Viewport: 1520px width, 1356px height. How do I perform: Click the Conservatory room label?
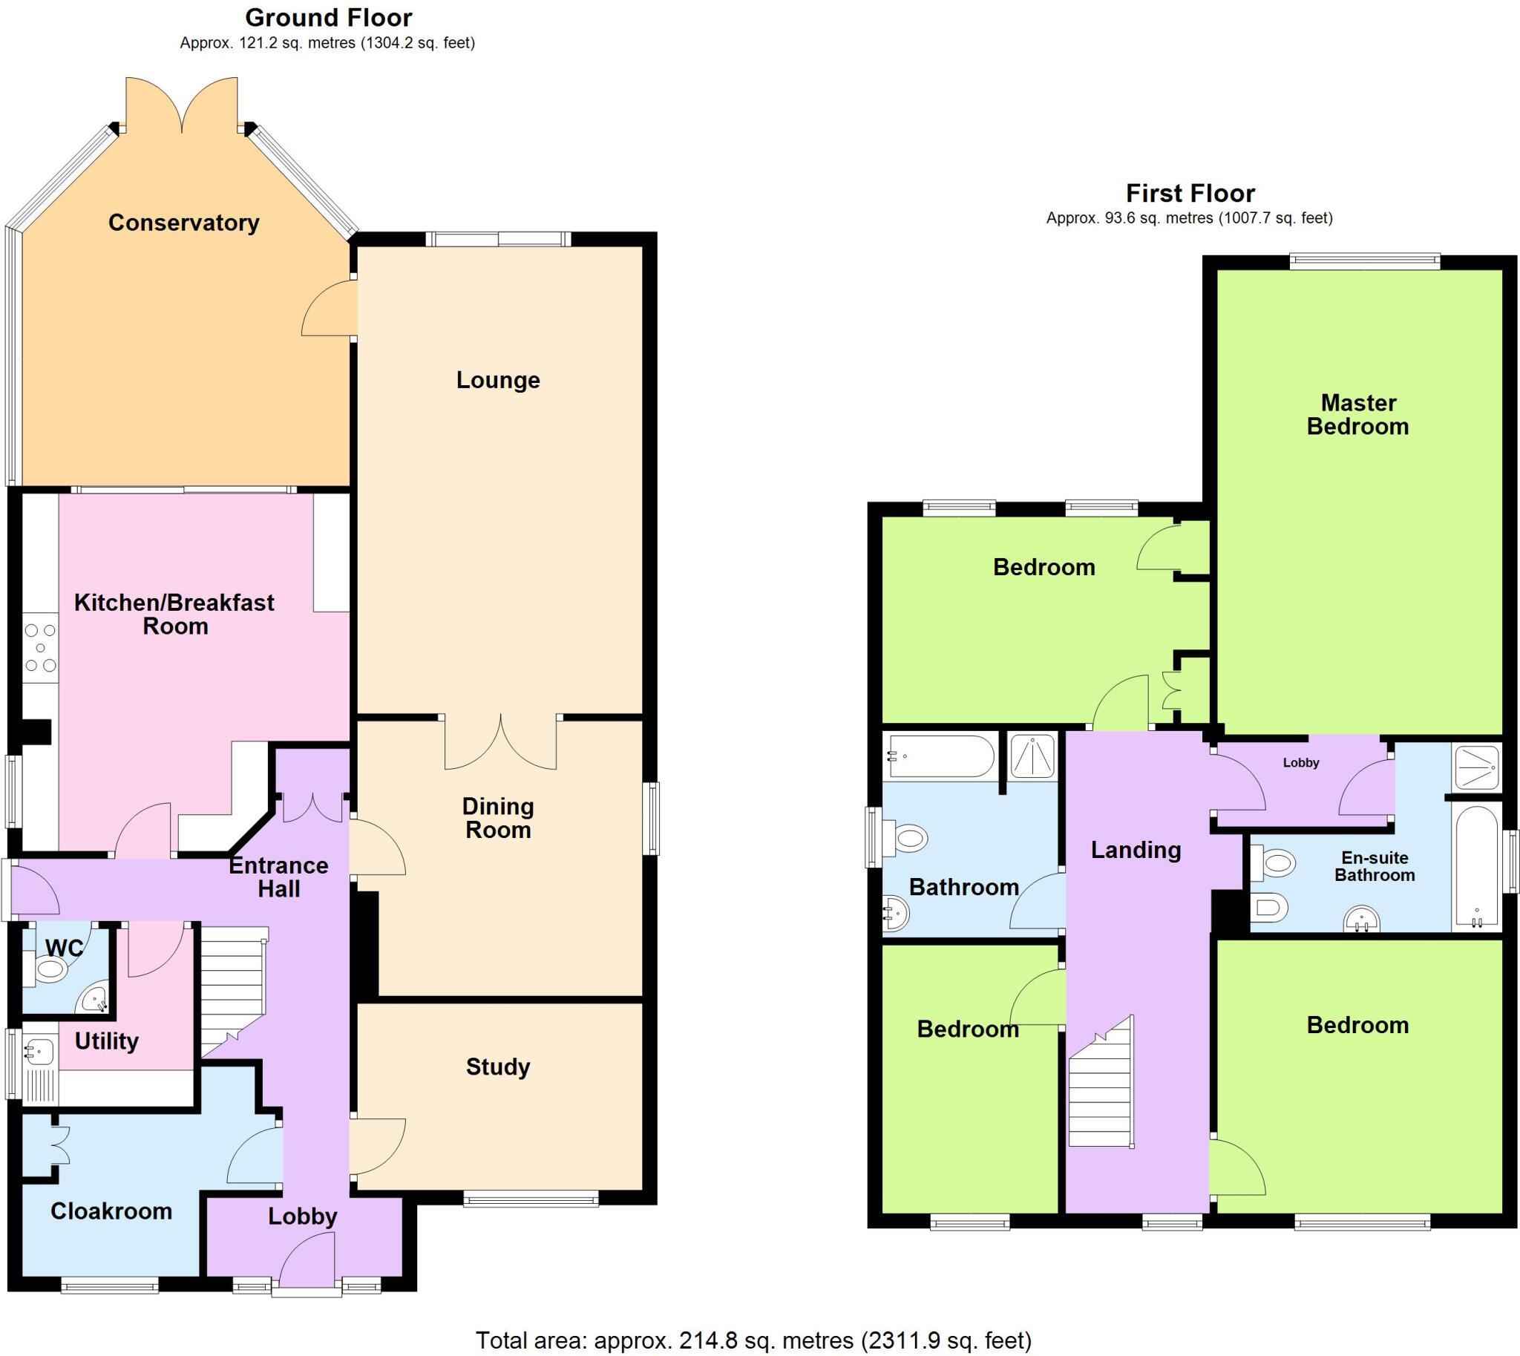(183, 222)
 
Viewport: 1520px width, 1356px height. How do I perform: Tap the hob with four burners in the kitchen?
(40, 647)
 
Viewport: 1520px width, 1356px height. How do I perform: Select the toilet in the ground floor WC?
(50, 969)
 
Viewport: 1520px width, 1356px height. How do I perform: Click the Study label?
(498, 1067)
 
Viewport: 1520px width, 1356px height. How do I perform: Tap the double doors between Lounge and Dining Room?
(501, 741)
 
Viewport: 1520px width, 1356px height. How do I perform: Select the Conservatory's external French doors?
(182, 105)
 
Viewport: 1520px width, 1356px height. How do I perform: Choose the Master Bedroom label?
(1357, 414)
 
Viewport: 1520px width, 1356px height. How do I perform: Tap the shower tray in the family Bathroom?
(1032, 756)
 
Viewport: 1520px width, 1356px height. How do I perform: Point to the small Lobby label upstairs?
(1301, 762)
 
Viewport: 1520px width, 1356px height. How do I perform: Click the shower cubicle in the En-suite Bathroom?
(1476, 767)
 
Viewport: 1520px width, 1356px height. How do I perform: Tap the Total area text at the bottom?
(753, 1340)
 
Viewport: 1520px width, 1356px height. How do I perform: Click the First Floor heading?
(1190, 193)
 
